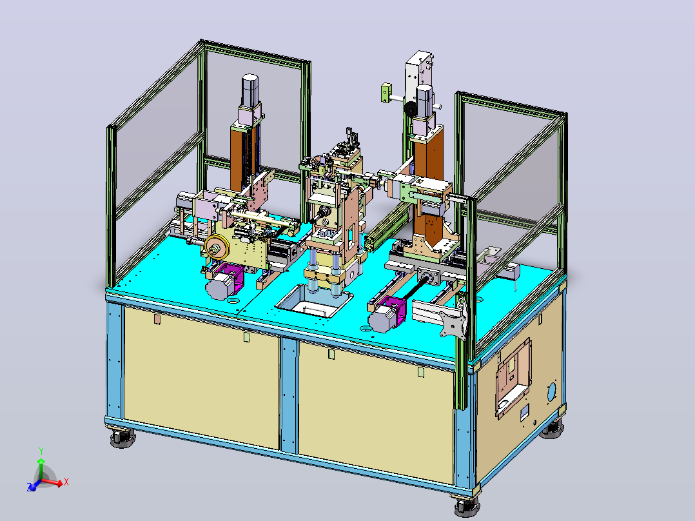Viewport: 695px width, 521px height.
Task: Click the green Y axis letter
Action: (41, 451)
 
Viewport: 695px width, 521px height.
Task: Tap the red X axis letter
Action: (66, 482)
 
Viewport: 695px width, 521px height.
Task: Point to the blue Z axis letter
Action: (29, 487)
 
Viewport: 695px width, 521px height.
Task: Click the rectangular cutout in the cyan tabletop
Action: (315, 301)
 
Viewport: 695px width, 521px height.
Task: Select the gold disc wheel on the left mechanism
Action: (217, 248)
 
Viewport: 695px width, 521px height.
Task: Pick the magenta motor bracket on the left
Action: (231, 277)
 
